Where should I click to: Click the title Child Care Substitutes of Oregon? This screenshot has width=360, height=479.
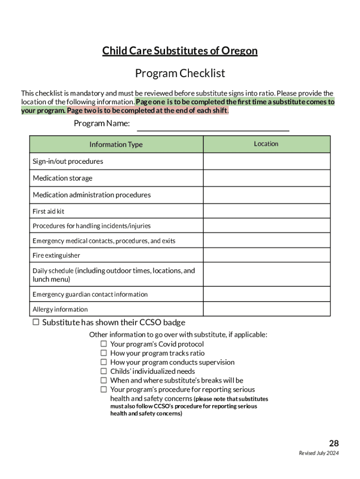pos(180,51)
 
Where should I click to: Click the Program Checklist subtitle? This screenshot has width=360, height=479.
pos(180,73)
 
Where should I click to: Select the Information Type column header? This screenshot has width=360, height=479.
pos(116,145)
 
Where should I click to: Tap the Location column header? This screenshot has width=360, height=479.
pos(266,144)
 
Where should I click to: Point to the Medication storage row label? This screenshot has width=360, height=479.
pos(63,178)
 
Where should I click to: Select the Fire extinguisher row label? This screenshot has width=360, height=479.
pos(56,255)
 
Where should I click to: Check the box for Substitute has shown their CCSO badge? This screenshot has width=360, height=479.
pos(36,322)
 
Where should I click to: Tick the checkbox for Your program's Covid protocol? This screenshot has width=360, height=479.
pos(104,344)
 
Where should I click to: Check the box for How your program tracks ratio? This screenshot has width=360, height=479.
pos(104,353)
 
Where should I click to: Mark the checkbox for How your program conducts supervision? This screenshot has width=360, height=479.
pos(104,362)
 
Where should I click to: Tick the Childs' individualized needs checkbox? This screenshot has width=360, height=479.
pos(104,371)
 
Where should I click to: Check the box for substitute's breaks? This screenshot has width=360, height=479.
pos(104,380)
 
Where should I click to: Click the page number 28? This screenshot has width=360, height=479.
pos(333,443)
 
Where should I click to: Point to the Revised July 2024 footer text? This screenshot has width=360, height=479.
pos(319,453)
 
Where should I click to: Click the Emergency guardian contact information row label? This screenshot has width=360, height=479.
pos(90,294)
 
